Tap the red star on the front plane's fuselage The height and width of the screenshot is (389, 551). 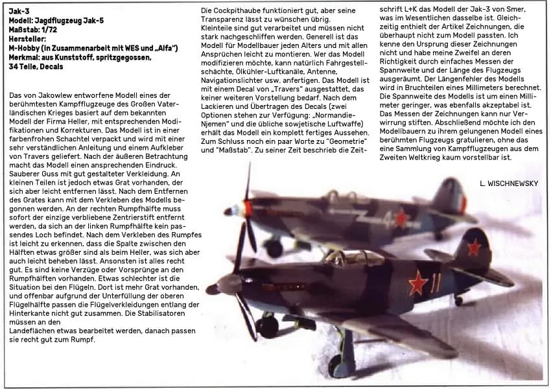pyautogui.click(x=418, y=283)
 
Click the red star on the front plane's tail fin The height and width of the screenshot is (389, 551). pyautogui.click(x=475, y=246)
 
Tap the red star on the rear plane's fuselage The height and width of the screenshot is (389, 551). pyautogui.click(x=402, y=217)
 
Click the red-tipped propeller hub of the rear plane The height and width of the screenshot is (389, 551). pyautogui.click(x=247, y=208)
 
